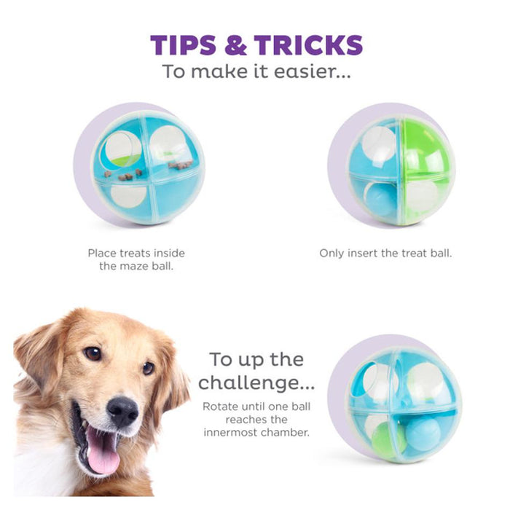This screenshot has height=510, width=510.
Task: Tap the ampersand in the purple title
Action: (235, 45)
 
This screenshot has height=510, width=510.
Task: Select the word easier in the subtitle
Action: (310, 73)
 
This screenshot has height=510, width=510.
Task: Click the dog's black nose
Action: (122, 411)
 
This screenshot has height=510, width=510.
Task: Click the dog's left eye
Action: (93, 353)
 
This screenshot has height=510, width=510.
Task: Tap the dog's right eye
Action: (148, 368)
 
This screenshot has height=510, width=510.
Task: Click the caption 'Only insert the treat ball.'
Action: (385, 254)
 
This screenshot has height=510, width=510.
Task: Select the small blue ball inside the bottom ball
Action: (423, 433)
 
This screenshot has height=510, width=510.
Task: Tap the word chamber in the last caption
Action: (289, 433)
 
